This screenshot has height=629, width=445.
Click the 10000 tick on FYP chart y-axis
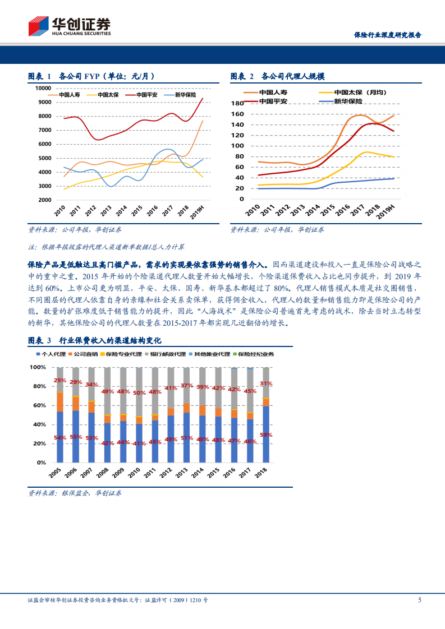pyautogui.click(x=43, y=88)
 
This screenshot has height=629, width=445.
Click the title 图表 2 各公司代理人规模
pyautogui.click(x=278, y=76)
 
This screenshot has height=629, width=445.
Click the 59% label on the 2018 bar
pyautogui.click(x=267, y=434)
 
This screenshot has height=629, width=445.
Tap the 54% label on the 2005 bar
pyautogui.click(x=60, y=437)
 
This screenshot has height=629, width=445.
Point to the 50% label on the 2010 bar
pyautogui.click(x=139, y=393)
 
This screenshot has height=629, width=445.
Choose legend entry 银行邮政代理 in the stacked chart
pyautogui.click(x=166, y=354)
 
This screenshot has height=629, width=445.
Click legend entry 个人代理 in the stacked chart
pyautogui.click(x=51, y=354)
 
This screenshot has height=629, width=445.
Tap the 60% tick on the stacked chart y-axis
pyautogui.click(x=38, y=405)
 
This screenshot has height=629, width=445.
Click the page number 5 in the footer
pyautogui.click(x=420, y=600)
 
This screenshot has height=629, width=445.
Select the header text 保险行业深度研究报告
pyautogui.click(x=388, y=35)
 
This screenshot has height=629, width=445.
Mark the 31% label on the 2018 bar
pyautogui.click(x=267, y=384)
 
